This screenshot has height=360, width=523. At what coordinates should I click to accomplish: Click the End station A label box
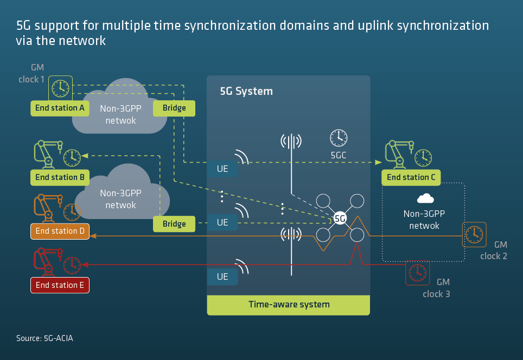coord(60,108)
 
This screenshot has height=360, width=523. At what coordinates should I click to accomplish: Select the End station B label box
coord(60,177)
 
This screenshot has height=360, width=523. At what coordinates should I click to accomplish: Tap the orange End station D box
coord(60,231)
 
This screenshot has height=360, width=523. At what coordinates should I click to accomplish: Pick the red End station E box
coord(60,285)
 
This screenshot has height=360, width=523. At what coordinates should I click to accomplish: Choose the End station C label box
coord(411,177)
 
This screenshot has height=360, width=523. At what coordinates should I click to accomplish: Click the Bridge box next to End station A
coord(174,108)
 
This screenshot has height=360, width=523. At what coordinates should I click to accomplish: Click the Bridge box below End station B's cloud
coord(174,223)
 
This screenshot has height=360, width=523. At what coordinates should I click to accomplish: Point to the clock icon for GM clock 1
coord(61,86)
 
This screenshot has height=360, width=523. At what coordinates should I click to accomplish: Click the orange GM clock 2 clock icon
coord(474,234)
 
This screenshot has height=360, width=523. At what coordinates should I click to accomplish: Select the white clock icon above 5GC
coord(339,138)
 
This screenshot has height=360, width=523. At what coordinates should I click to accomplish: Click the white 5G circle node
coord(340,218)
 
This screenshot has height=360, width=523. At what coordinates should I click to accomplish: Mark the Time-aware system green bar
coord(288,305)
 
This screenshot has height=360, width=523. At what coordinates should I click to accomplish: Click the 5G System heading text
coord(246,91)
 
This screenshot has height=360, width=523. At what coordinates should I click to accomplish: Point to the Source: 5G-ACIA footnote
coord(44,338)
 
